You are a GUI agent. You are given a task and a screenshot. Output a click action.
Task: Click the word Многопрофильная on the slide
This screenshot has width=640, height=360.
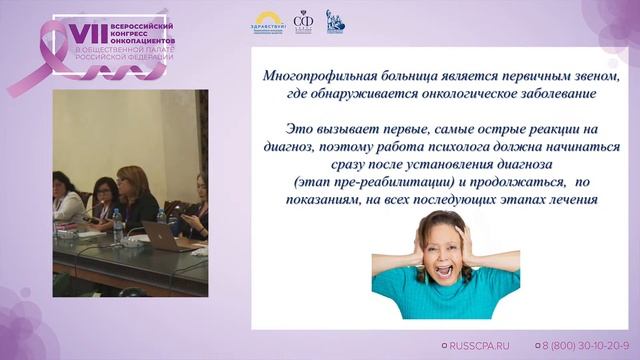click(x=316, y=76)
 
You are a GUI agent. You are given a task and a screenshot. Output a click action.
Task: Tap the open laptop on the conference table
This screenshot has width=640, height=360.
click(x=159, y=235)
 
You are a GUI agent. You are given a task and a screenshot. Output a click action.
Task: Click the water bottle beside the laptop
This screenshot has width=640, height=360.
click(x=118, y=226)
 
